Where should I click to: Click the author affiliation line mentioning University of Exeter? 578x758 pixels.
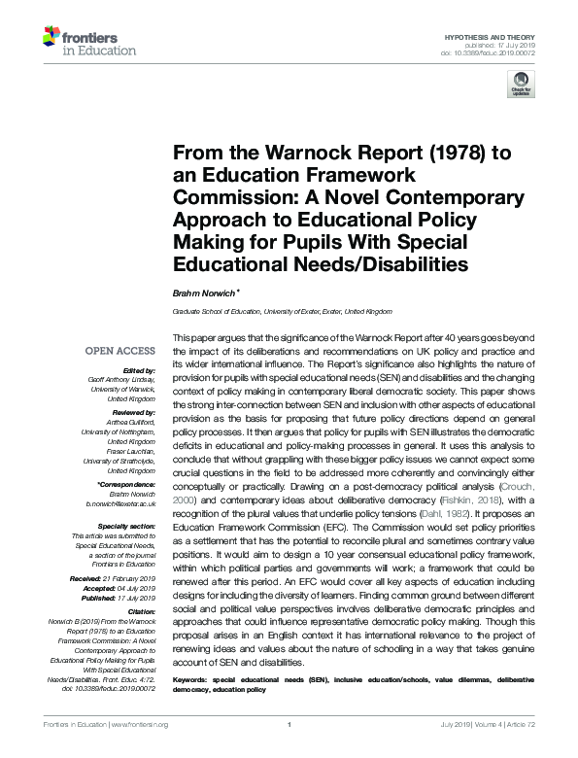pos(283,312)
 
